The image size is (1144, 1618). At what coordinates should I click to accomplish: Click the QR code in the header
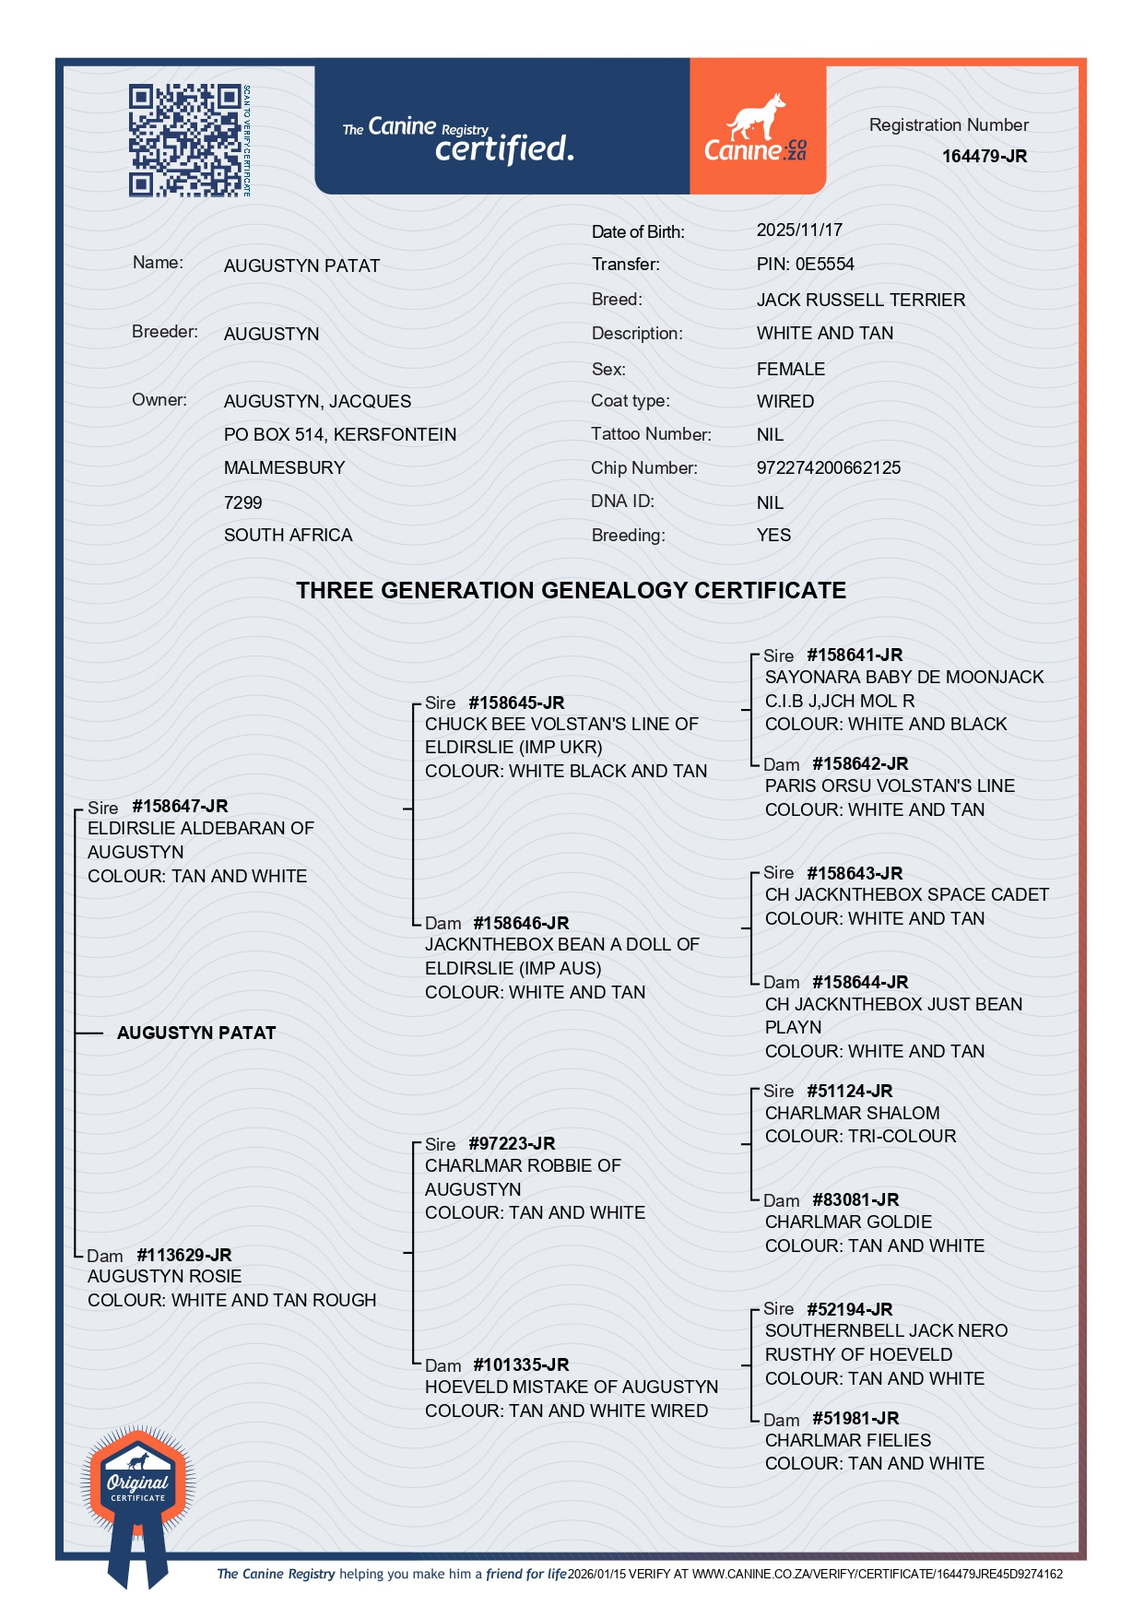coord(184,140)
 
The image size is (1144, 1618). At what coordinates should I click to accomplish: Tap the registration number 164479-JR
coord(984,157)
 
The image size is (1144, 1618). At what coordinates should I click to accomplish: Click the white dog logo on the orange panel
coord(756,118)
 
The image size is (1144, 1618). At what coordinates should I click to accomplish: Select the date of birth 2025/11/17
coord(799,230)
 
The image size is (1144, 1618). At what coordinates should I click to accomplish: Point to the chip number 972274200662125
coord(828,468)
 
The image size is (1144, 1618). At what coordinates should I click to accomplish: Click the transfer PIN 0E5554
coord(805,265)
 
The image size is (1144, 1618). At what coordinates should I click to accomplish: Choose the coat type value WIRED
coord(784,402)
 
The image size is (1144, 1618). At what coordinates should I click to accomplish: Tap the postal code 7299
coord(242,502)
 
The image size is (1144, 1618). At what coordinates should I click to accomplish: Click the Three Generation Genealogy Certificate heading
coord(571,591)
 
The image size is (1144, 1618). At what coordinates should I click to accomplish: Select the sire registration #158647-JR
coord(180,807)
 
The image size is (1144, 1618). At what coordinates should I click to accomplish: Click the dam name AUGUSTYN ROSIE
coord(164,1277)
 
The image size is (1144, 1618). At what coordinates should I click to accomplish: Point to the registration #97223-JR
coord(512,1144)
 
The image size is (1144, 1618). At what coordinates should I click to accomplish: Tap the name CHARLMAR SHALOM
coord(852,1114)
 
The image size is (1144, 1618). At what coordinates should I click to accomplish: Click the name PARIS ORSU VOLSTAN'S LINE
coord(889,786)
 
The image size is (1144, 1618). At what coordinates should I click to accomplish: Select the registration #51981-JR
coord(855,1419)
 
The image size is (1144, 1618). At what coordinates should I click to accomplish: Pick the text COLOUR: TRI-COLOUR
coord(860,1137)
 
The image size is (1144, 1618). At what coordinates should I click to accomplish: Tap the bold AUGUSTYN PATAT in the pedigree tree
coord(196,1033)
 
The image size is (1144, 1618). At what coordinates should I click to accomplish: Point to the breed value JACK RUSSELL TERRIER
coord(860,301)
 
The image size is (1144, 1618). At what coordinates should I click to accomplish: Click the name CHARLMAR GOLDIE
coord(848,1222)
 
